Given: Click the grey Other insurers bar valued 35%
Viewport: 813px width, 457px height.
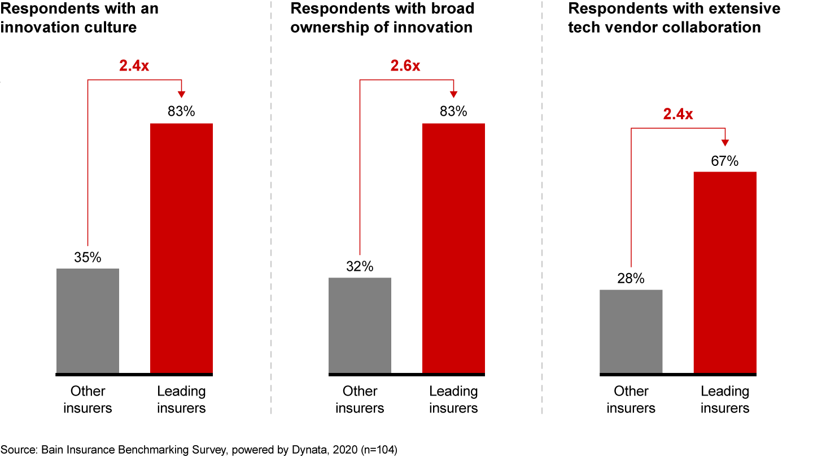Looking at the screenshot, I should (88, 320).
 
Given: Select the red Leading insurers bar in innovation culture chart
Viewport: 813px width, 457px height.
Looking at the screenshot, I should (181, 248).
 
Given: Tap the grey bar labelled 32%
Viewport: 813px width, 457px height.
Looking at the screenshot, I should (360, 325).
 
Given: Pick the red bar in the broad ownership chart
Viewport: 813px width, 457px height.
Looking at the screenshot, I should (453, 248).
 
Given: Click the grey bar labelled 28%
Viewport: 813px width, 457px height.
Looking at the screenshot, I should (631, 331).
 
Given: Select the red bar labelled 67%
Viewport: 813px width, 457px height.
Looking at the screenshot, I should (725, 273).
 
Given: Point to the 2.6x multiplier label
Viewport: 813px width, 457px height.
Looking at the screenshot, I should (405, 66).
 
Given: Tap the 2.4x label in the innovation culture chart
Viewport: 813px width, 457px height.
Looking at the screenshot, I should (134, 66).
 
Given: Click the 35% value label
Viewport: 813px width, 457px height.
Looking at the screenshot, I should (88, 258).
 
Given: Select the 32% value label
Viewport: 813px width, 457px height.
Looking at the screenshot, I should (360, 267).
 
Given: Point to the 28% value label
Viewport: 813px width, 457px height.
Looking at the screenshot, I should (631, 279).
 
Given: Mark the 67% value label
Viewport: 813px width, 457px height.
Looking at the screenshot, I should (725, 161).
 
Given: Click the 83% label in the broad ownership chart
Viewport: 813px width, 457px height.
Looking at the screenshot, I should (453, 112).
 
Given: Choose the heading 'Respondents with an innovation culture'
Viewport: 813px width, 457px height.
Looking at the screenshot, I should (79, 17).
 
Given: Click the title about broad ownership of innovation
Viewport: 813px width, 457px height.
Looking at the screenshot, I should (382, 17).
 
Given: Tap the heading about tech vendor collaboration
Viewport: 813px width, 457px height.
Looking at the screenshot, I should (674, 17).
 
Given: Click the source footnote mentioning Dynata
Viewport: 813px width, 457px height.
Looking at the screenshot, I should (199, 450).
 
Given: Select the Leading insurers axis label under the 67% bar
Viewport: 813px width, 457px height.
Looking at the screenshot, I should (725, 399).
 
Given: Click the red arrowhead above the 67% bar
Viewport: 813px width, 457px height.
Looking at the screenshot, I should (725, 143).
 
